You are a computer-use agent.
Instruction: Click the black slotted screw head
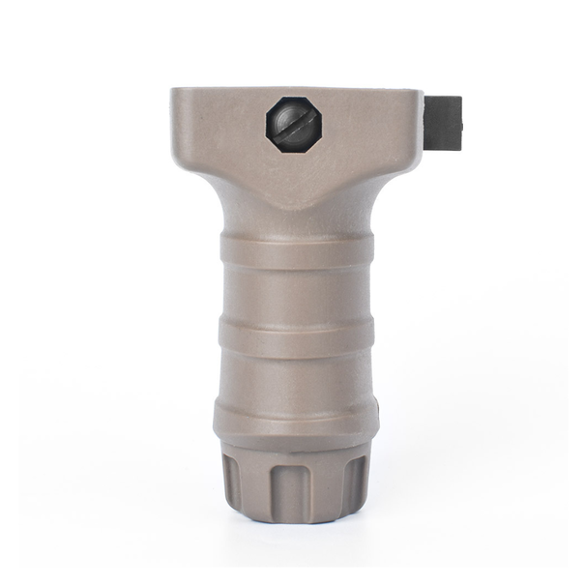click(x=294, y=124)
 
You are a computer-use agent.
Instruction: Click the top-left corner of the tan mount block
click(x=174, y=92)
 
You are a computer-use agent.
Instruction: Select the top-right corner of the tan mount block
click(x=421, y=92)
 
